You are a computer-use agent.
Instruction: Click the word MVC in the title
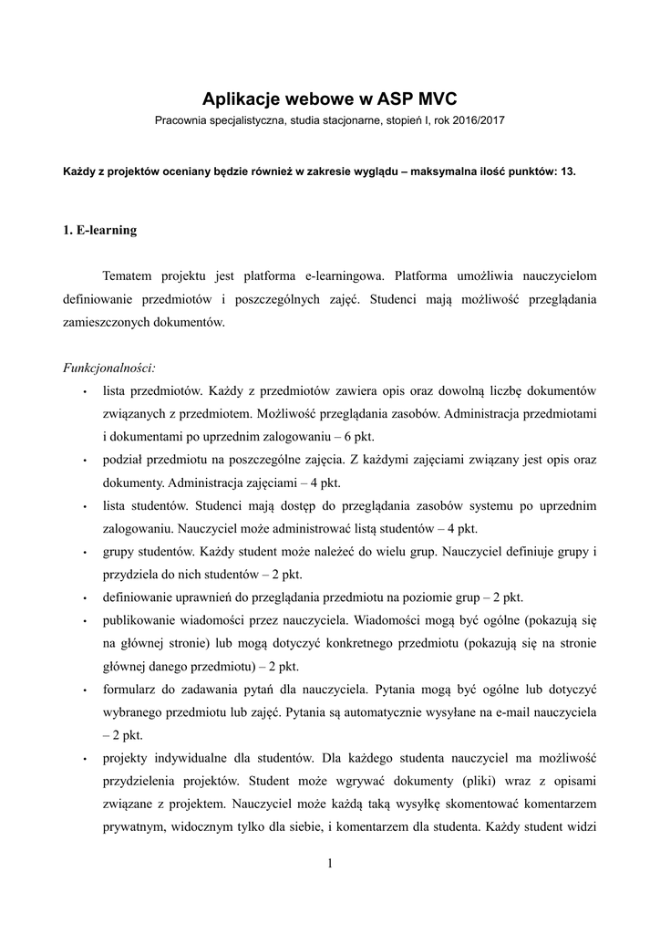(429, 99)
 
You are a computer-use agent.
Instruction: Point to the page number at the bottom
(330, 864)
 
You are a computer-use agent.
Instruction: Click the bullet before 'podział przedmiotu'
(84, 461)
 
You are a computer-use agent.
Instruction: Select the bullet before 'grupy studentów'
(84, 553)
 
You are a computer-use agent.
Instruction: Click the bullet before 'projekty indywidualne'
(84, 760)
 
